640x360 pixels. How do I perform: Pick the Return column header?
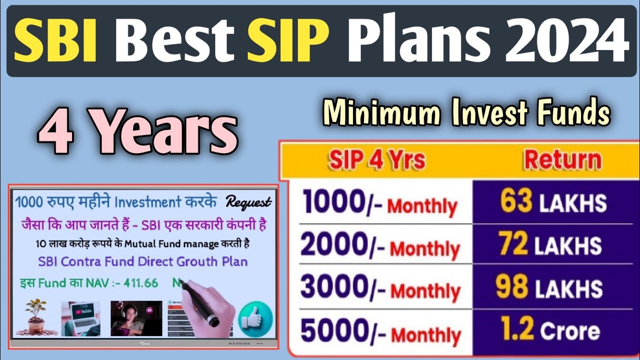click(562, 160)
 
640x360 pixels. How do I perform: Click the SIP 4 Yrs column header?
click(376, 160)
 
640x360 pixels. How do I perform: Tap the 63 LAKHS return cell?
click(552, 202)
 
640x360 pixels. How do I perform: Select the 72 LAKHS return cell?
click(550, 245)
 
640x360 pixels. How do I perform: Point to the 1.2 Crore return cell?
click(550, 330)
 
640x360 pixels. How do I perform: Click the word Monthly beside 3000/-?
click(424, 291)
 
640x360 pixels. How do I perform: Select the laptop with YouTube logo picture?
click(80, 318)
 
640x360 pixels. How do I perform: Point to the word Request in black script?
click(248, 202)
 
